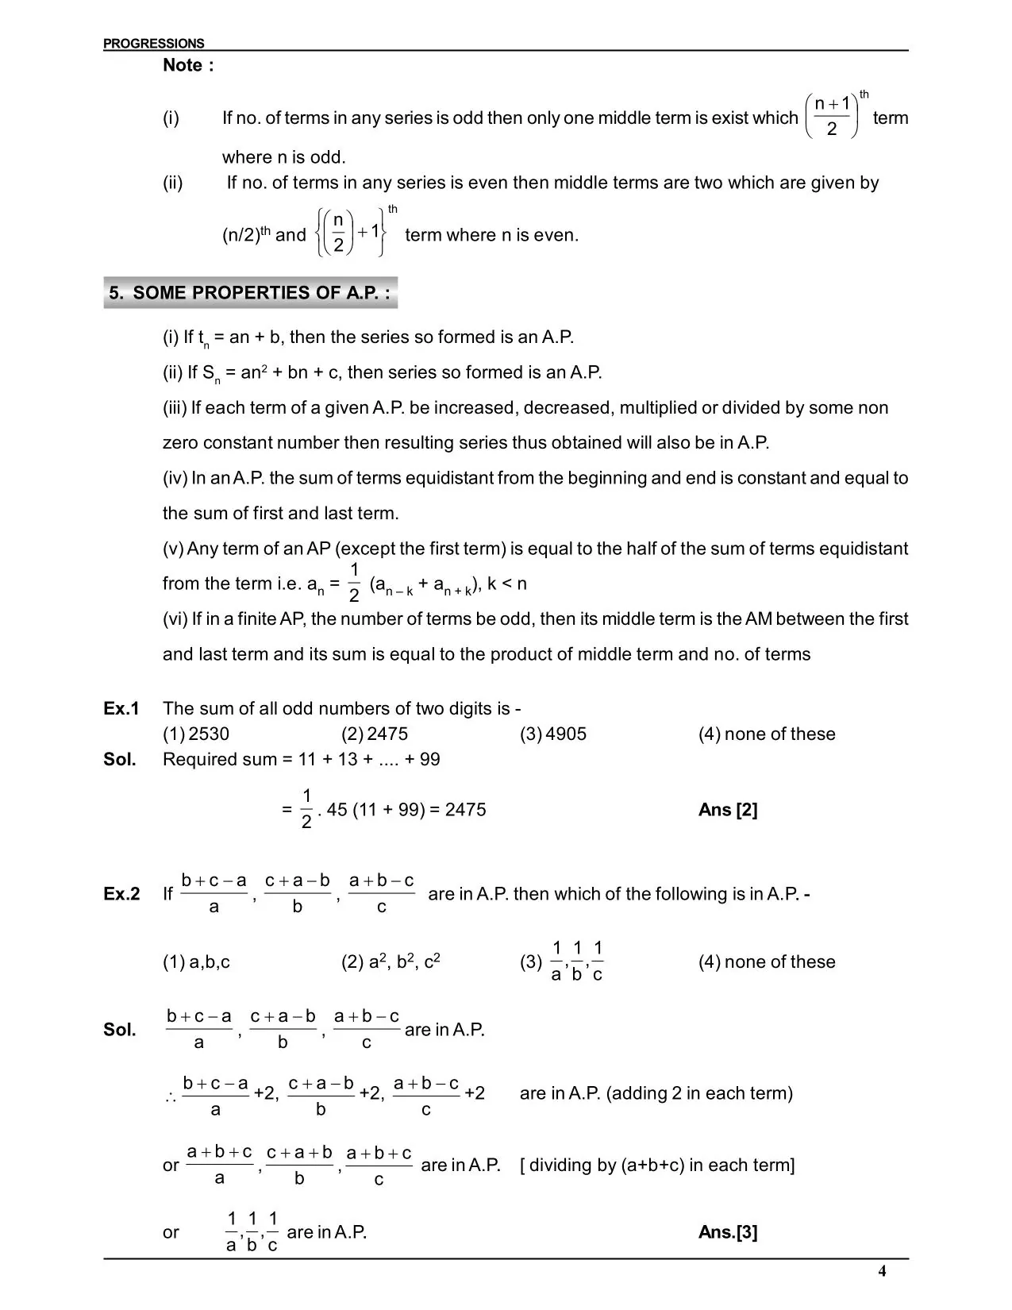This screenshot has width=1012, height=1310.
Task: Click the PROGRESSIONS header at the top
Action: click(x=153, y=44)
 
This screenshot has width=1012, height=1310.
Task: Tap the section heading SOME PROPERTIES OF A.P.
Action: click(x=250, y=293)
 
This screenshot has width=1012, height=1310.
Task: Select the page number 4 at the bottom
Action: click(x=882, y=1271)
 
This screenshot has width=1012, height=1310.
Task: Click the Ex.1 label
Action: click(x=121, y=708)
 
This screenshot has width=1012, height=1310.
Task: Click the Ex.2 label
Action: click(x=121, y=894)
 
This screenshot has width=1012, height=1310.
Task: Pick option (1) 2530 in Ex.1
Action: click(x=196, y=734)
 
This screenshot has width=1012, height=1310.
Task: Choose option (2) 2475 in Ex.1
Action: click(x=375, y=734)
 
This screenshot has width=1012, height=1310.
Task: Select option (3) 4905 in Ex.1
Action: click(x=553, y=734)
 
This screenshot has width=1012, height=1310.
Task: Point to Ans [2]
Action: click(x=728, y=810)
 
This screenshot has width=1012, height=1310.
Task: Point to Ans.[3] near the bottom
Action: click(x=728, y=1232)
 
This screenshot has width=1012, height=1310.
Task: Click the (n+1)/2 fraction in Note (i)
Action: click(x=832, y=117)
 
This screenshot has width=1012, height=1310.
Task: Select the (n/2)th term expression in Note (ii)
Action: click(x=247, y=234)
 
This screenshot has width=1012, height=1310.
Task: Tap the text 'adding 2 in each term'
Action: click(x=699, y=1093)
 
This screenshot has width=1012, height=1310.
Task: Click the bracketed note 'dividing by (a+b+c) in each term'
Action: click(x=657, y=1165)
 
